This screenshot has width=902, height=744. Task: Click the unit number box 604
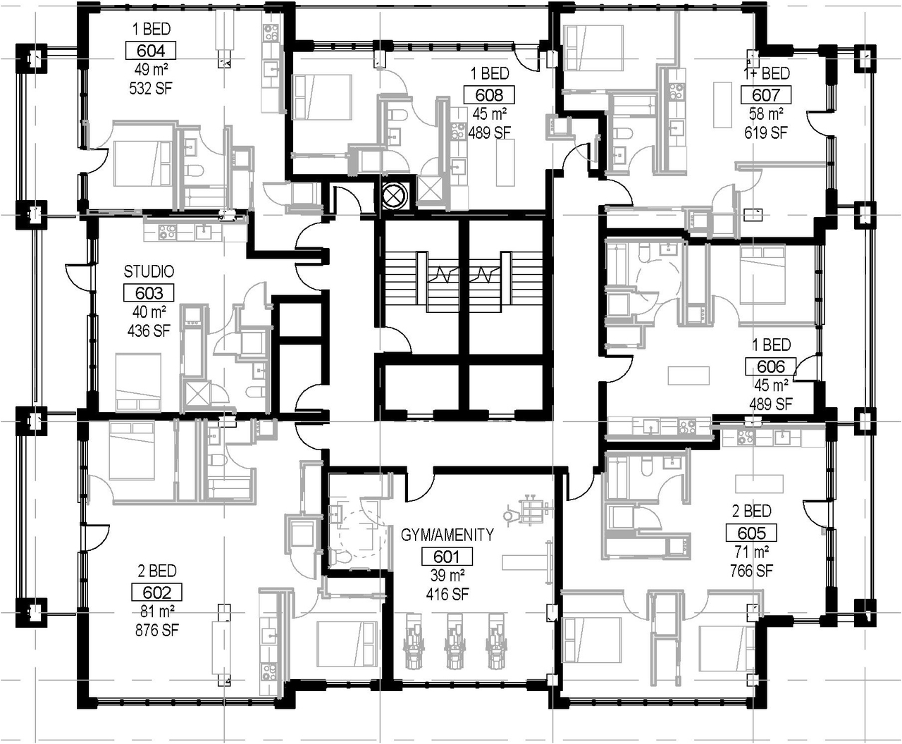point(151,51)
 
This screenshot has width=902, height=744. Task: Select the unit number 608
point(489,94)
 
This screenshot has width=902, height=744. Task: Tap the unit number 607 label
point(766,94)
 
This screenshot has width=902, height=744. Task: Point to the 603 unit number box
point(149,293)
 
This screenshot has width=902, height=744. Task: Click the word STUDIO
point(149,272)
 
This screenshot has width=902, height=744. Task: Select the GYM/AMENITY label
point(447,535)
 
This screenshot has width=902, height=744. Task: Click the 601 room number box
point(447,557)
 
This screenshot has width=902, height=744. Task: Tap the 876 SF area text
point(157,631)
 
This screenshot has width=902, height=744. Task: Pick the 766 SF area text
point(751,571)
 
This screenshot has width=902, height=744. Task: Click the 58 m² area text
point(766,114)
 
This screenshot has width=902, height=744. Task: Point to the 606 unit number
point(771,367)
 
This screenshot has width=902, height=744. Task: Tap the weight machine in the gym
point(529,510)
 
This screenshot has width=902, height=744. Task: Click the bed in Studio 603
point(138,382)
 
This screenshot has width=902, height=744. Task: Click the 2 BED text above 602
point(157,571)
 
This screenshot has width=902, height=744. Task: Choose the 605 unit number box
point(751,533)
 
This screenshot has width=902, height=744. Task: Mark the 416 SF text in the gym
point(447,595)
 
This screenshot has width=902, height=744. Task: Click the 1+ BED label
point(766,73)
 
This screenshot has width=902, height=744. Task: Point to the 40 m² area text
point(149,311)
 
